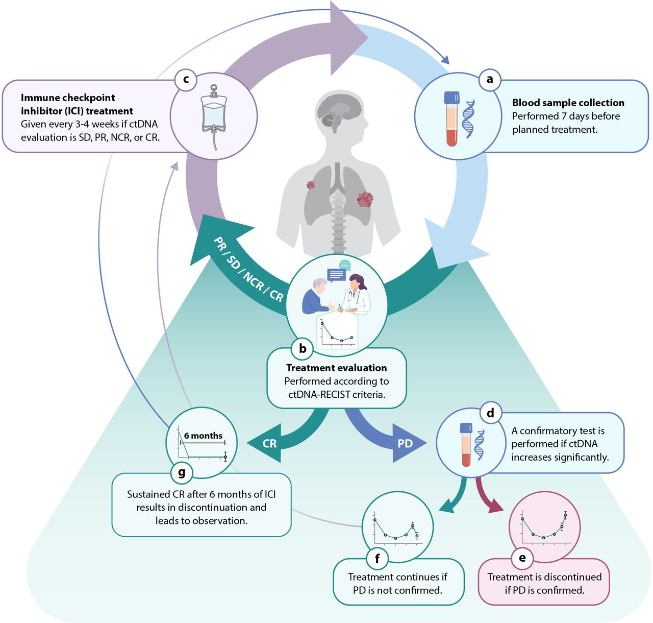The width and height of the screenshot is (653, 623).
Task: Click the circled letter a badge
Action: [x=489, y=80]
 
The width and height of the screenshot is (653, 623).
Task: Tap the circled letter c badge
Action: [x=186, y=80]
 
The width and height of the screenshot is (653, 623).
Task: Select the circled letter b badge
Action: [x=302, y=349]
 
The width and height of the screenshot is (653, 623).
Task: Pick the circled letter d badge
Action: [x=491, y=413]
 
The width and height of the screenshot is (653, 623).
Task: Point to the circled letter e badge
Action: [x=522, y=558]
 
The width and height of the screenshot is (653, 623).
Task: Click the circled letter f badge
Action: [x=377, y=559]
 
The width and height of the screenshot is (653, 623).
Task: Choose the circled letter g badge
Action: [x=182, y=472]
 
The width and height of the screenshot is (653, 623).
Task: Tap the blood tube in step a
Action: [x=451, y=118]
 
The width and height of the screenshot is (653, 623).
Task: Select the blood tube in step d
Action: [x=466, y=445]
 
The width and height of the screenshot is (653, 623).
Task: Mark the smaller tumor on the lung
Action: [x=310, y=185]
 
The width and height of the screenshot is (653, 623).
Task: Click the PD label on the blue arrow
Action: [x=405, y=443]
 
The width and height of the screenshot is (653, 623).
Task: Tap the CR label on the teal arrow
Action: [x=269, y=443]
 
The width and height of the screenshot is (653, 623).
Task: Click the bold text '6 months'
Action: [x=203, y=436]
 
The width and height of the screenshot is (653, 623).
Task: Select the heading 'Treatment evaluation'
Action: [x=337, y=368]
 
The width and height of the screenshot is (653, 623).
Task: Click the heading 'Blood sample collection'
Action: [x=568, y=103]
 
